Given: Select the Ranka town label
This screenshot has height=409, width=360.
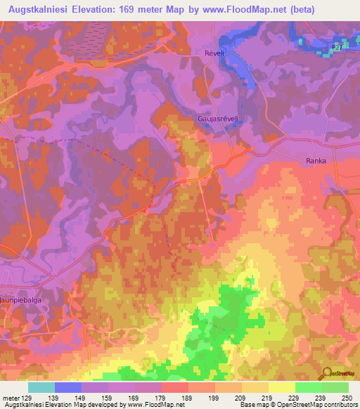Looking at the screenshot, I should point(316,161).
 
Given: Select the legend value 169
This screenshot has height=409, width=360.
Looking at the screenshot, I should point(135,397).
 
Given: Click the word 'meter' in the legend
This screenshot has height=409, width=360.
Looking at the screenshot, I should point(10,397).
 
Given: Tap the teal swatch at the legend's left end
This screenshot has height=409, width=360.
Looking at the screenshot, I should point(41,387).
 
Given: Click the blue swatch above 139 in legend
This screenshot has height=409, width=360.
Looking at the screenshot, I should point(68,387).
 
